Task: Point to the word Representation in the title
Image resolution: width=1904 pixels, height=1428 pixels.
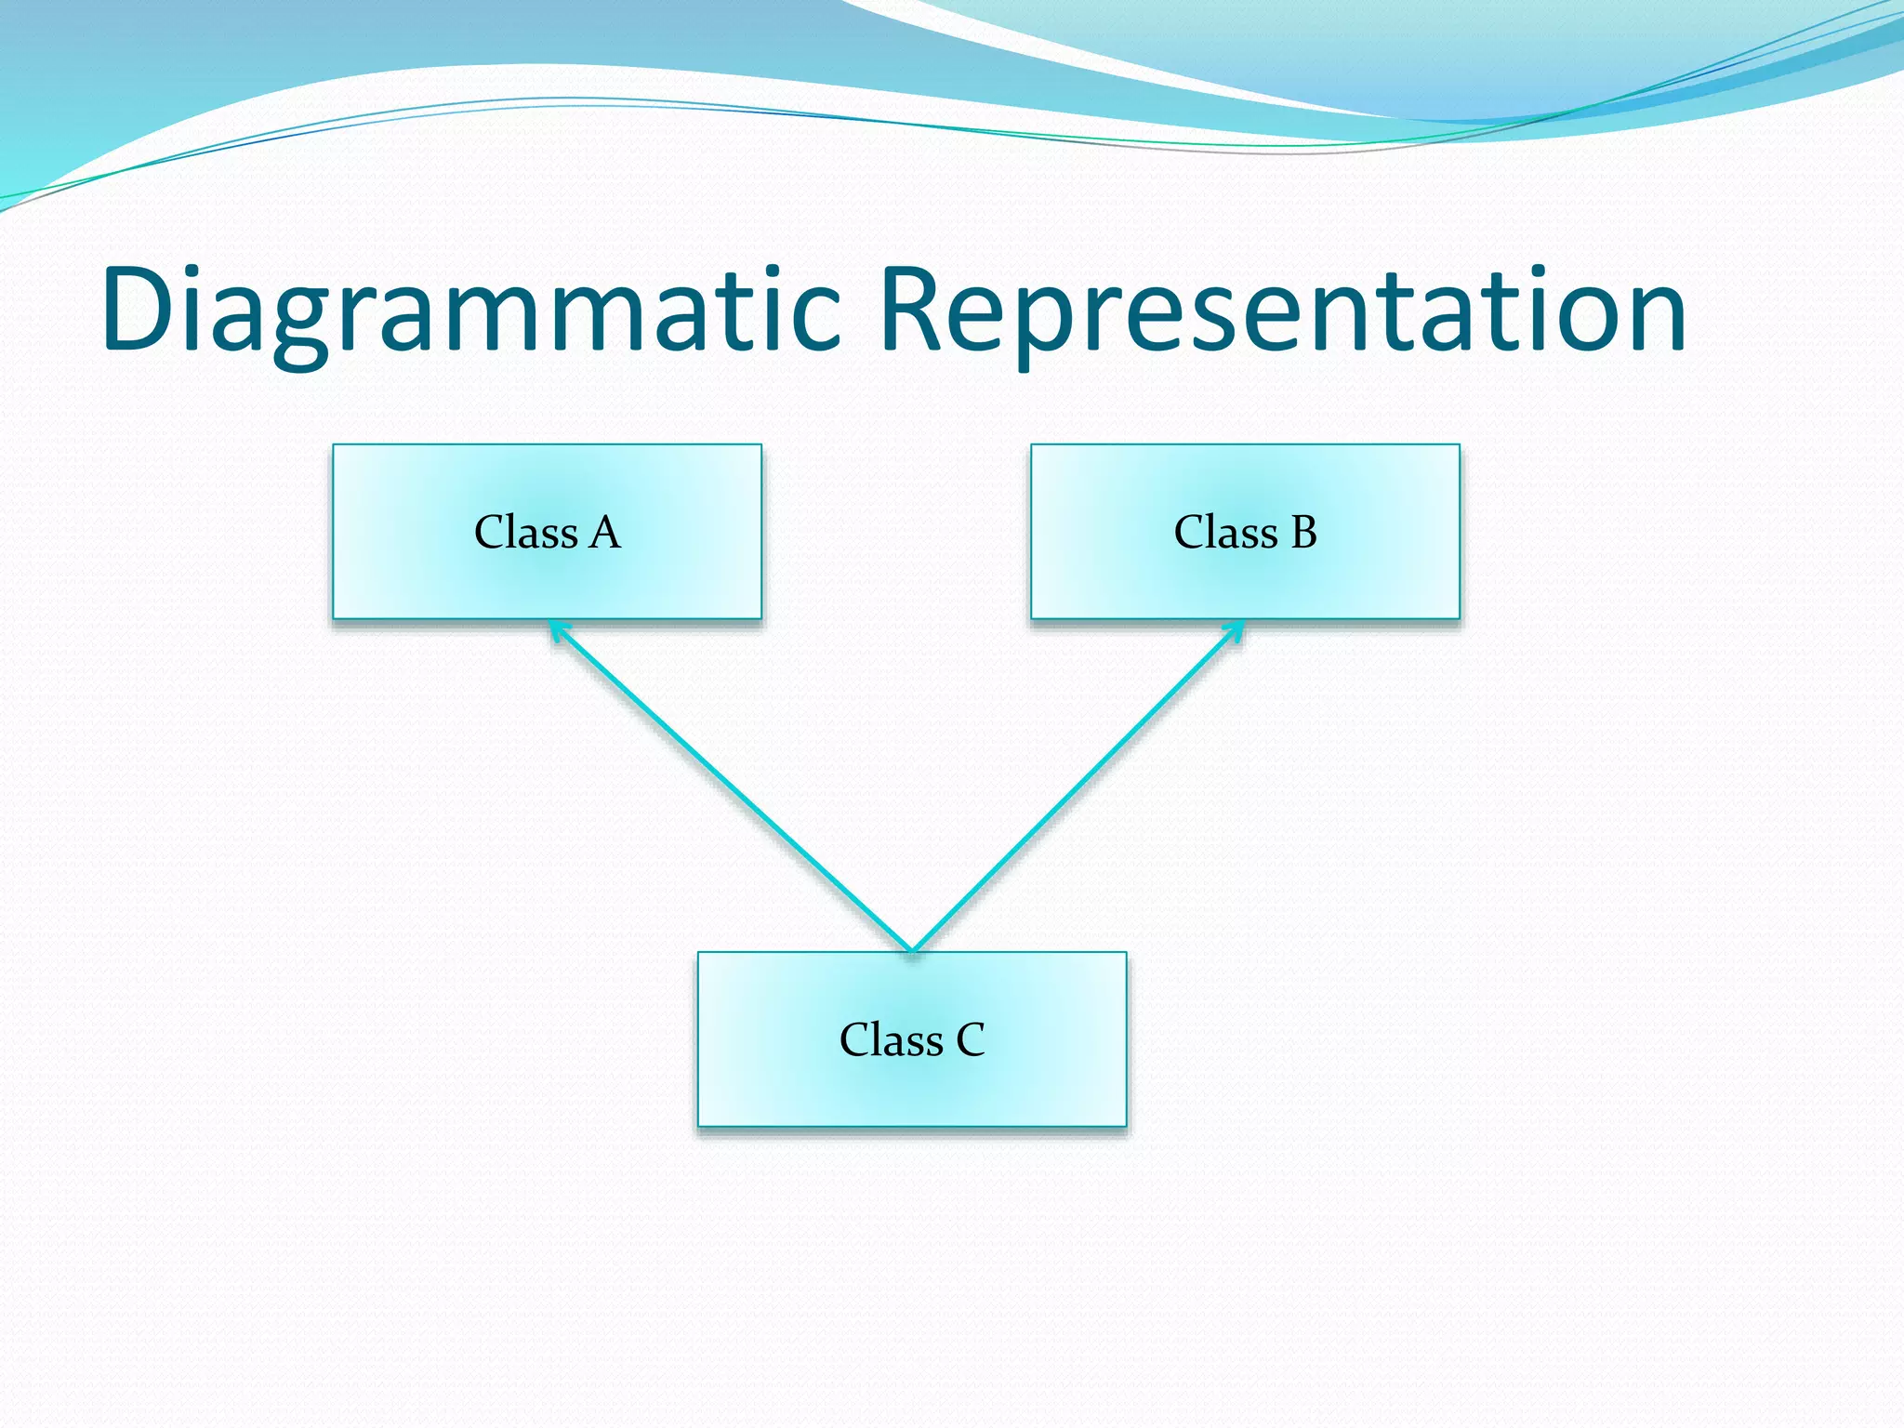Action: pos(1282,311)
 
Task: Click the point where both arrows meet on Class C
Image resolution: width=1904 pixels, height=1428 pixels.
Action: pos(912,949)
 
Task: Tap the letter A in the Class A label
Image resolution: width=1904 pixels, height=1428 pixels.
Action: pos(604,533)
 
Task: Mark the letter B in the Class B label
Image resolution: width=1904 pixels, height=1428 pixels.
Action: pos(1303,533)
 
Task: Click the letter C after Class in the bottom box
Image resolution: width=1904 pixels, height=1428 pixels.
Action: pos(970,1039)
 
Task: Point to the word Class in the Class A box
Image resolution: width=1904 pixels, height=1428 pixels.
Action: pos(526,533)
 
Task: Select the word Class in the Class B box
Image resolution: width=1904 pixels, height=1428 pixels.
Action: pos(1225,533)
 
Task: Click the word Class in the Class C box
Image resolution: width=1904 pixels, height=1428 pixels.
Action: pos(891,1039)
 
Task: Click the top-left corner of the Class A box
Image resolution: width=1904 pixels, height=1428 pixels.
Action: pos(334,445)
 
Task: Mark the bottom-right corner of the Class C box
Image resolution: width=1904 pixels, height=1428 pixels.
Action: pos(1126,1126)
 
